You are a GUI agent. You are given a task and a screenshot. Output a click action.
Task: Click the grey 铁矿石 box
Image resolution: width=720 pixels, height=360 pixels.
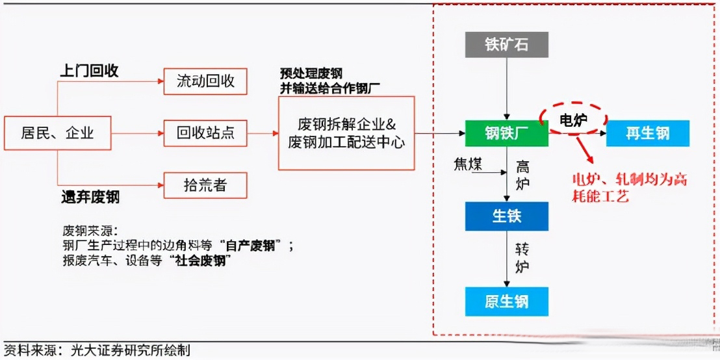[x=507, y=44]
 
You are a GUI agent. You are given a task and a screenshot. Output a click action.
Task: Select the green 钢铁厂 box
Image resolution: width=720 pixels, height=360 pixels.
[x=507, y=134]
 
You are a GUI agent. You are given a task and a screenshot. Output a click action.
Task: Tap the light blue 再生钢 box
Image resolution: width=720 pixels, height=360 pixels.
[x=647, y=134]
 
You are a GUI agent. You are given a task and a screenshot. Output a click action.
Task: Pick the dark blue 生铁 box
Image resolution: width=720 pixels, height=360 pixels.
[x=507, y=216]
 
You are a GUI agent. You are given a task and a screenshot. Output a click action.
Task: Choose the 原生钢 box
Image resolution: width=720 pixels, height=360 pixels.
[x=507, y=302]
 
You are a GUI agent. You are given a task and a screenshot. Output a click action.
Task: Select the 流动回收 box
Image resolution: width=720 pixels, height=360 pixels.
[x=205, y=82]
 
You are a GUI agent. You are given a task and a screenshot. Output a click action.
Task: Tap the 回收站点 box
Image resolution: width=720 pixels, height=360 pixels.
[x=205, y=134]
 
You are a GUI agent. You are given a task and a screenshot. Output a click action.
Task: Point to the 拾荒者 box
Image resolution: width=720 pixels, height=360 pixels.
[x=205, y=185]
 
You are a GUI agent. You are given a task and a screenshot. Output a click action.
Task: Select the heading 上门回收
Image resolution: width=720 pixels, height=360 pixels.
[x=89, y=71]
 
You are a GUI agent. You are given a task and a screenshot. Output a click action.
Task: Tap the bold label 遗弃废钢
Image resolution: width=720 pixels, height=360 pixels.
[x=90, y=197]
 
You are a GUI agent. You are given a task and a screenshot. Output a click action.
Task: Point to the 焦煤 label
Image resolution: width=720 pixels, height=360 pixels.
[x=468, y=164]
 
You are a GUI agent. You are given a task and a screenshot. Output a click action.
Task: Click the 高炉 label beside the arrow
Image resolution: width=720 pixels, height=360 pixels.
[x=522, y=175]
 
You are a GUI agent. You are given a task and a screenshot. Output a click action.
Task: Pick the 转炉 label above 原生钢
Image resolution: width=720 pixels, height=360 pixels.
[x=522, y=258]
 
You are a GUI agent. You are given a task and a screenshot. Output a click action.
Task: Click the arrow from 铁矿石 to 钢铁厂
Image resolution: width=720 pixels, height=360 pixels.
[x=507, y=88]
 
